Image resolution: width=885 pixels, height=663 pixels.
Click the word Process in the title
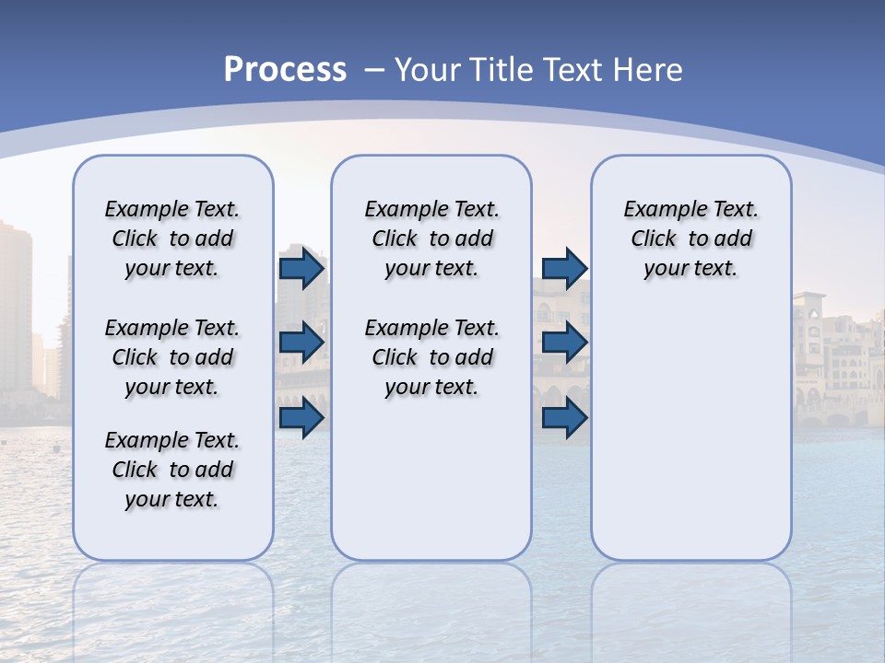pyautogui.click(x=285, y=69)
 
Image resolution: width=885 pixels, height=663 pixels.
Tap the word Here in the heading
pyautogui.click(x=649, y=69)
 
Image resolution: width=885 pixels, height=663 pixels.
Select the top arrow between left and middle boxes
pyautogui.click(x=301, y=269)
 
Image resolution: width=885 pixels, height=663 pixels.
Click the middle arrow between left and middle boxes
pyautogui.click(x=301, y=343)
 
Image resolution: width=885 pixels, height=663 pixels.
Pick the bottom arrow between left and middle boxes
pyautogui.click(x=301, y=417)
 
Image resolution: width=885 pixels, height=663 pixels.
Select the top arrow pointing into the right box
pyautogui.click(x=564, y=269)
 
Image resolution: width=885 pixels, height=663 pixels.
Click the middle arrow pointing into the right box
pyautogui.click(x=564, y=343)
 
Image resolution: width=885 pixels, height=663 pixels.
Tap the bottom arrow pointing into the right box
pyautogui.click(x=564, y=417)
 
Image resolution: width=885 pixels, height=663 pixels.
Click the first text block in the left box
pyautogui.click(x=172, y=238)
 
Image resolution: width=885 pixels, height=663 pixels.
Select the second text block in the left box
pyautogui.click(x=172, y=357)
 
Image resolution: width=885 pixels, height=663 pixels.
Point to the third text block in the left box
pyautogui.click(x=172, y=470)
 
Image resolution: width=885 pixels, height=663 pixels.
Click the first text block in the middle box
pyautogui.click(x=431, y=238)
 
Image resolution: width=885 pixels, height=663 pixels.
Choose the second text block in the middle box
pyautogui.click(x=431, y=357)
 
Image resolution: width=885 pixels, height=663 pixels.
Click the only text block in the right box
pyautogui.click(x=690, y=238)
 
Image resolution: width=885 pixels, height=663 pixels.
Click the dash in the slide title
pyautogui.click(x=374, y=70)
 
